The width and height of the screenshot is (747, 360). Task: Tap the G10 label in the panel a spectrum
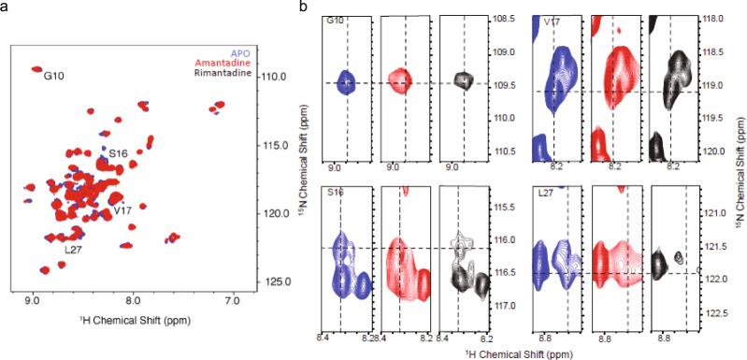tap(53, 79)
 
